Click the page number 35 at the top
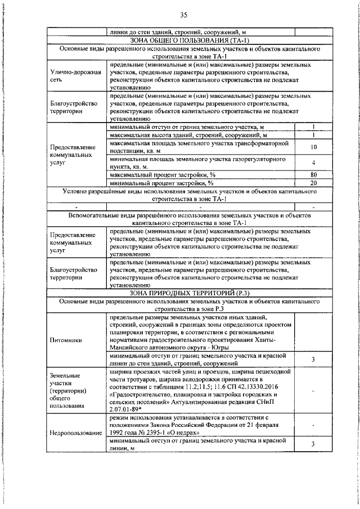pos(183,15)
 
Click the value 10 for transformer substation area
pos(314,147)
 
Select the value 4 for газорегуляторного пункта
pos(314,163)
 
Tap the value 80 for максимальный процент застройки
pos(314,175)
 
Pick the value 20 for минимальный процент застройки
pos(314,183)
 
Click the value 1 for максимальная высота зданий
pos(314,136)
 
